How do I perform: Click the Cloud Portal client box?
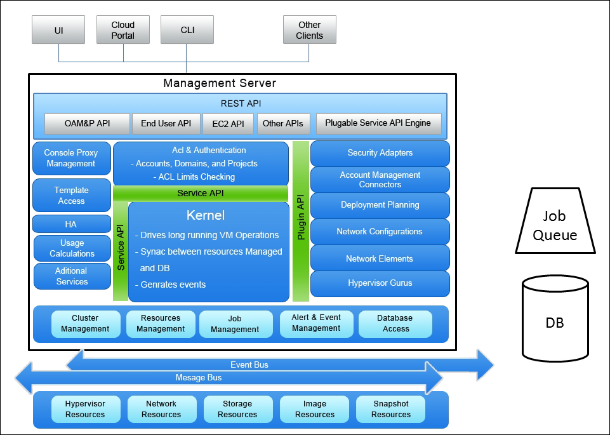point(123,30)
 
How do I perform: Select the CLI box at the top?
point(187,30)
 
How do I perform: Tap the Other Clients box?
point(309,30)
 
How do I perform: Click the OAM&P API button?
point(87,123)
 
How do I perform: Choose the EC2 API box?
point(228,124)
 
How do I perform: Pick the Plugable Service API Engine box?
point(378,123)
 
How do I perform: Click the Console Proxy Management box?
point(71,158)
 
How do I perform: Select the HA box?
point(71,224)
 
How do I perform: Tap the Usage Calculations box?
point(72,248)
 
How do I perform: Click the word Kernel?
point(205,215)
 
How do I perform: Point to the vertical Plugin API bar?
point(301,221)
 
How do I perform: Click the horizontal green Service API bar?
point(200,193)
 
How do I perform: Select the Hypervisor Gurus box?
point(380,283)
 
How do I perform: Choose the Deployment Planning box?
point(380,205)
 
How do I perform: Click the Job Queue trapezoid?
point(555,225)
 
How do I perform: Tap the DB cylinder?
point(554,323)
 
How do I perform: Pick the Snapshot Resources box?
point(390,409)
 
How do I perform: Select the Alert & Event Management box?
point(316,323)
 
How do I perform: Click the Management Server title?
point(220,83)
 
